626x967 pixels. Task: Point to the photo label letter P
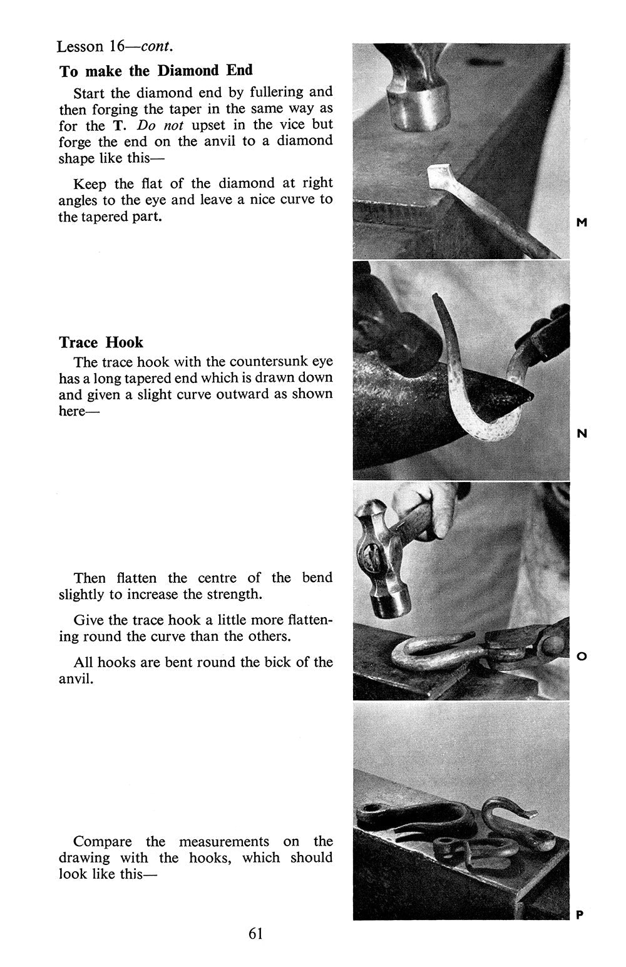(580, 914)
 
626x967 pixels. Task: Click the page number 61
(255, 933)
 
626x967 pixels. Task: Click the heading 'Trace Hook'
(101, 342)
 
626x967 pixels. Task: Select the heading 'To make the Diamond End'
(156, 71)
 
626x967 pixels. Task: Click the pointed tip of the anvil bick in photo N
(528, 396)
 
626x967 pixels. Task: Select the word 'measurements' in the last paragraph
(224, 841)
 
